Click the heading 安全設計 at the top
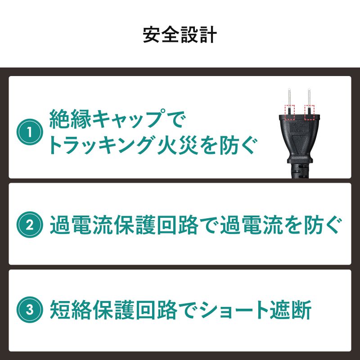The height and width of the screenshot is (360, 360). pos(180,35)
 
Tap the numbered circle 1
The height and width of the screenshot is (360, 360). pos(30,133)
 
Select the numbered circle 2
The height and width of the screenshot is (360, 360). pos(30,224)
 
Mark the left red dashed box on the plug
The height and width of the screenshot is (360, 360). pos(289,112)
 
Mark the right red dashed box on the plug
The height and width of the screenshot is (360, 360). pos(309,112)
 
